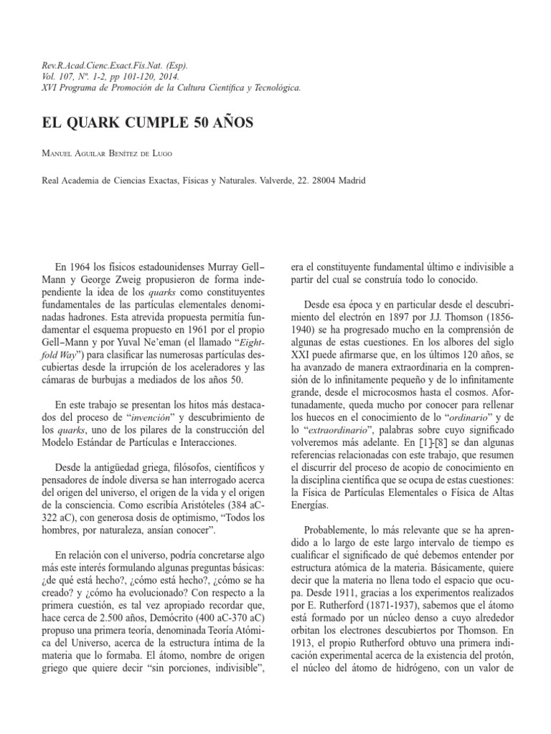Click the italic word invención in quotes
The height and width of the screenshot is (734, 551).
click(x=153, y=416)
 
